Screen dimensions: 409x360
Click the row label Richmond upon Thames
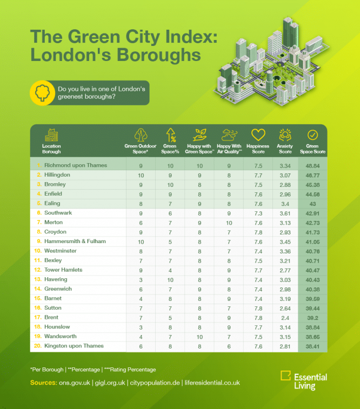click(76, 165)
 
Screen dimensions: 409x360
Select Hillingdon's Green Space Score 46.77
click(312, 175)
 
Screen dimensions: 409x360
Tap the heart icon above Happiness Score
click(258, 135)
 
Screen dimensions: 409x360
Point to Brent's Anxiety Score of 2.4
click(285, 317)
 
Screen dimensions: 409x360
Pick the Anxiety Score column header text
click(285, 149)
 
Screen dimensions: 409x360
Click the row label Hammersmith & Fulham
click(75, 241)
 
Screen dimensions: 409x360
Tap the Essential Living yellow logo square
click(285, 377)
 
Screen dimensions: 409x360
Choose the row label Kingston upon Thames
click(74, 346)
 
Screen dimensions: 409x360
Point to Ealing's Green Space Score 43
click(312, 203)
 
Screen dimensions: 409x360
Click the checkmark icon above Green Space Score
click(312, 135)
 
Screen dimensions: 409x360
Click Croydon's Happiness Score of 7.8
click(258, 232)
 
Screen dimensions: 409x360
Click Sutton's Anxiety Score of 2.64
click(285, 307)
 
